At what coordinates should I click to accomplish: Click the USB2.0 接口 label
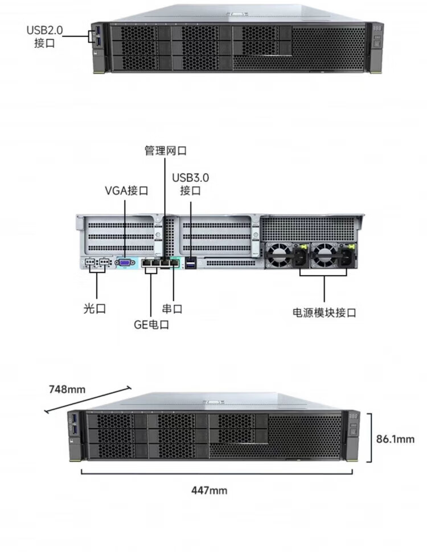click(x=44, y=36)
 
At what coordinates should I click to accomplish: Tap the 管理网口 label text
click(x=165, y=151)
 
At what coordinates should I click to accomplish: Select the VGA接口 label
click(x=126, y=190)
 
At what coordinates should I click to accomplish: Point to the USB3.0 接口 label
click(x=190, y=184)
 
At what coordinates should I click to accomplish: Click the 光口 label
click(x=94, y=309)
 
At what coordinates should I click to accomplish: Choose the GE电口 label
click(x=151, y=325)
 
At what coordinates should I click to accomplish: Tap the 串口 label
click(x=172, y=309)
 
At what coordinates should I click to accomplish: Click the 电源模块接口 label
click(x=324, y=312)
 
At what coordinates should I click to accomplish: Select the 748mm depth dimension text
click(x=67, y=389)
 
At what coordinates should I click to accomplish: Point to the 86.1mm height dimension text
click(x=395, y=439)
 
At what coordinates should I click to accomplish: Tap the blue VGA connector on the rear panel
click(x=125, y=263)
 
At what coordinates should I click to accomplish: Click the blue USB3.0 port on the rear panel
click(x=190, y=263)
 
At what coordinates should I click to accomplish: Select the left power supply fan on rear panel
click(x=280, y=255)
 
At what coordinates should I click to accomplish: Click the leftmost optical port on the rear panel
click(x=89, y=263)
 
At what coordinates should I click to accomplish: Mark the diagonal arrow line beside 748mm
click(x=88, y=400)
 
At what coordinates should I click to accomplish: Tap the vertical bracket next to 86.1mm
click(x=370, y=438)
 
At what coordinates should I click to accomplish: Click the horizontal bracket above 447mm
click(x=217, y=471)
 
